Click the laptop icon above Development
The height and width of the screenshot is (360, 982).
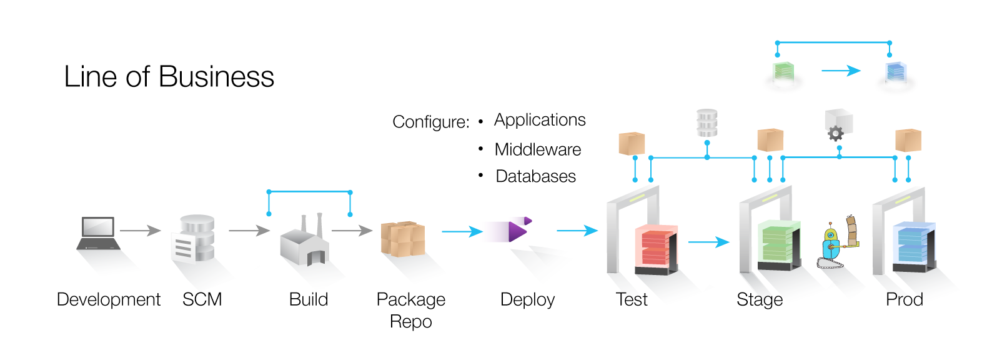(98, 233)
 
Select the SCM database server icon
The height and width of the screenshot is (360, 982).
(193, 239)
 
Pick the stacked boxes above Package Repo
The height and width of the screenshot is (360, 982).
(403, 239)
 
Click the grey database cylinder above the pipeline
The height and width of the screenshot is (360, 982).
(707, 123)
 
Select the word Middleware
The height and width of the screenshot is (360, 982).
(537, 150)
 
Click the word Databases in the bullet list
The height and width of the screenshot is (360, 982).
(535, 177)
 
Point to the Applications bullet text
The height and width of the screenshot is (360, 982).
(540, 120)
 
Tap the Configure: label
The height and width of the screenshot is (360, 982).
(430, 122)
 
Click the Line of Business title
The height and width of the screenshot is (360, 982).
(169, 77)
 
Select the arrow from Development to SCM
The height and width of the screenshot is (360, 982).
(140, 231)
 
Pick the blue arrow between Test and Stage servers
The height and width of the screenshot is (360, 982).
(708, 242)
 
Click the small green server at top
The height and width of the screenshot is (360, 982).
(784, 72)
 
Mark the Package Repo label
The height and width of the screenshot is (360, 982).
(410, 310)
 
